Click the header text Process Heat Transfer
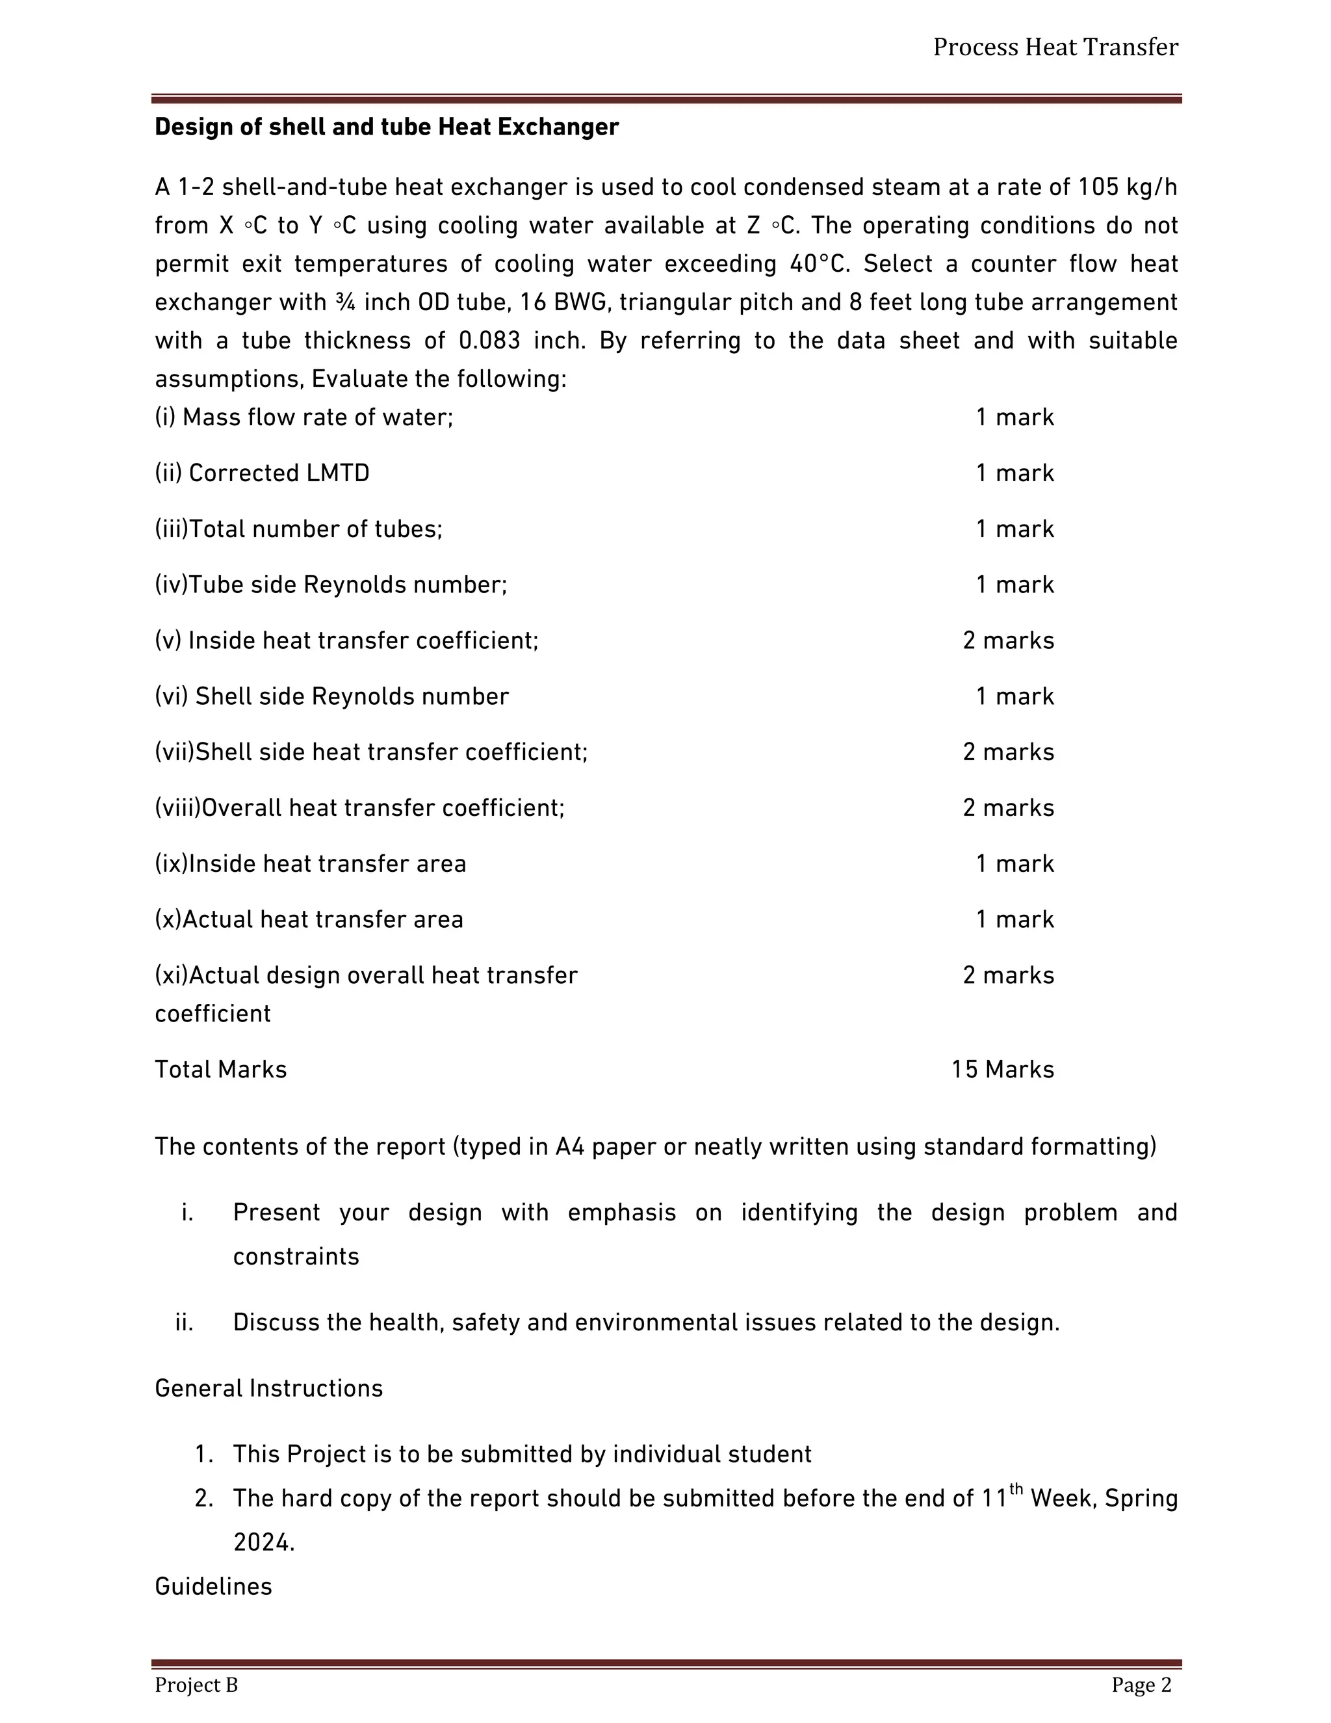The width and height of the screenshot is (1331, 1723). (x=1055, y=47)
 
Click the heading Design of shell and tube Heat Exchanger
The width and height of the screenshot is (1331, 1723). (x=387, y=127)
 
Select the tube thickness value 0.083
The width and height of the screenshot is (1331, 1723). (x=489, y=341)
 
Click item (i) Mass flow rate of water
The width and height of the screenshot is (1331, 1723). (x=304, y=417)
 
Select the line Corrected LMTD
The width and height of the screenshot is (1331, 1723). (x=262, y=473)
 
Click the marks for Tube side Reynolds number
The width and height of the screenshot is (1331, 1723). (x=1014, y=585)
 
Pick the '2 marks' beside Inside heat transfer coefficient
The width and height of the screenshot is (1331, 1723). (x=1008, y=640)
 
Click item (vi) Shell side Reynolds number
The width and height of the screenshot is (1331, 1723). (x=331, y=696)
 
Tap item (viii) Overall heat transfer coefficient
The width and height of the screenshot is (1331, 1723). (x=359, y=808)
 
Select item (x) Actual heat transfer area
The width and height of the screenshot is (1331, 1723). (x=308, y=919)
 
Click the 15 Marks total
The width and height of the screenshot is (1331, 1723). (x=1002, y=1069)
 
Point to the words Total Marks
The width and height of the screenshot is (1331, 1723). (x=221, y=1069)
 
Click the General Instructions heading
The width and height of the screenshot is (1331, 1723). (x=268, y=1388)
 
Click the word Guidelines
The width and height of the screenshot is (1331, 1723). (x=213, y=1586)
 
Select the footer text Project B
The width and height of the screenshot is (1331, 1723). (x=196, y=1685)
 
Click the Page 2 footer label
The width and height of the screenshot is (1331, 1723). (x=1141, y=1685)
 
